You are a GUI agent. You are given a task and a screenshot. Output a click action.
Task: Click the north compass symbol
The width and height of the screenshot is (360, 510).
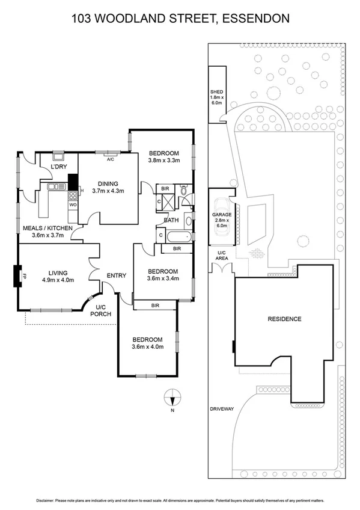(x=172, y=397)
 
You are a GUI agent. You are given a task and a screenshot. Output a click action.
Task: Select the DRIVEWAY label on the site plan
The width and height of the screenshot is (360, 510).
(x=222, y=408)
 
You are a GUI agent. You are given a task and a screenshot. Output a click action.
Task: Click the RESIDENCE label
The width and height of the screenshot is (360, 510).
(x=284, y=319)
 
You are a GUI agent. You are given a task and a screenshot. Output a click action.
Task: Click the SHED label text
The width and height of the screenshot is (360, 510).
(x=216, y=92)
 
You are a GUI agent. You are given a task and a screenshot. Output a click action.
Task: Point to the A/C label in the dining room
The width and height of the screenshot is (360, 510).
(x=111, y=159)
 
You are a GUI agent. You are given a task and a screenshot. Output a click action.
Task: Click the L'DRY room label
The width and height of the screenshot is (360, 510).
(x=58, y=166)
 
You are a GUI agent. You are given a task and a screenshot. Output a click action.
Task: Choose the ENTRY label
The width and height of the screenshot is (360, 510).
(x=116, y=276)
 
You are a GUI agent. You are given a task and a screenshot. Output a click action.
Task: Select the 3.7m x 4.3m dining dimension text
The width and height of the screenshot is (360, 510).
(x=109, y=191)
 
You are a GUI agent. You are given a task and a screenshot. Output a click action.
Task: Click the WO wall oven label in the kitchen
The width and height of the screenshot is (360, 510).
(x=73, y=205)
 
